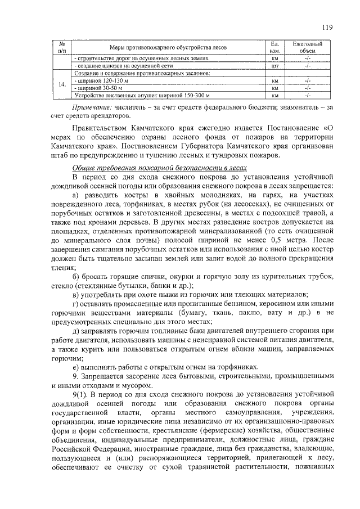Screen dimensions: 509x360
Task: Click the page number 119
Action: tap(327, 26)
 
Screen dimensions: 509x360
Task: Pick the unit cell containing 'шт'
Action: tap(275, 66)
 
